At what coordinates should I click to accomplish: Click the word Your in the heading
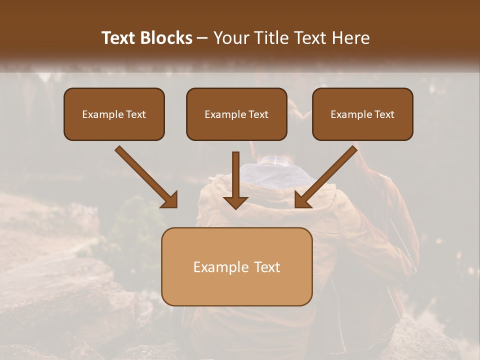point(229,38)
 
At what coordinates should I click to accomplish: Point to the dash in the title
point(202,38)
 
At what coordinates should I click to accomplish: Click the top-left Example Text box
point(114,114)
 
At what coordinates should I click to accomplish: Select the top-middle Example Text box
point(236,114)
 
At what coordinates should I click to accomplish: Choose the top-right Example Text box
point(362,114)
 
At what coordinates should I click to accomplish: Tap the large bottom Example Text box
point(236,266)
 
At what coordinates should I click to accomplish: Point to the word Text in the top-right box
point(384,114)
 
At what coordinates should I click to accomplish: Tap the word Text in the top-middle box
point(258,114)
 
